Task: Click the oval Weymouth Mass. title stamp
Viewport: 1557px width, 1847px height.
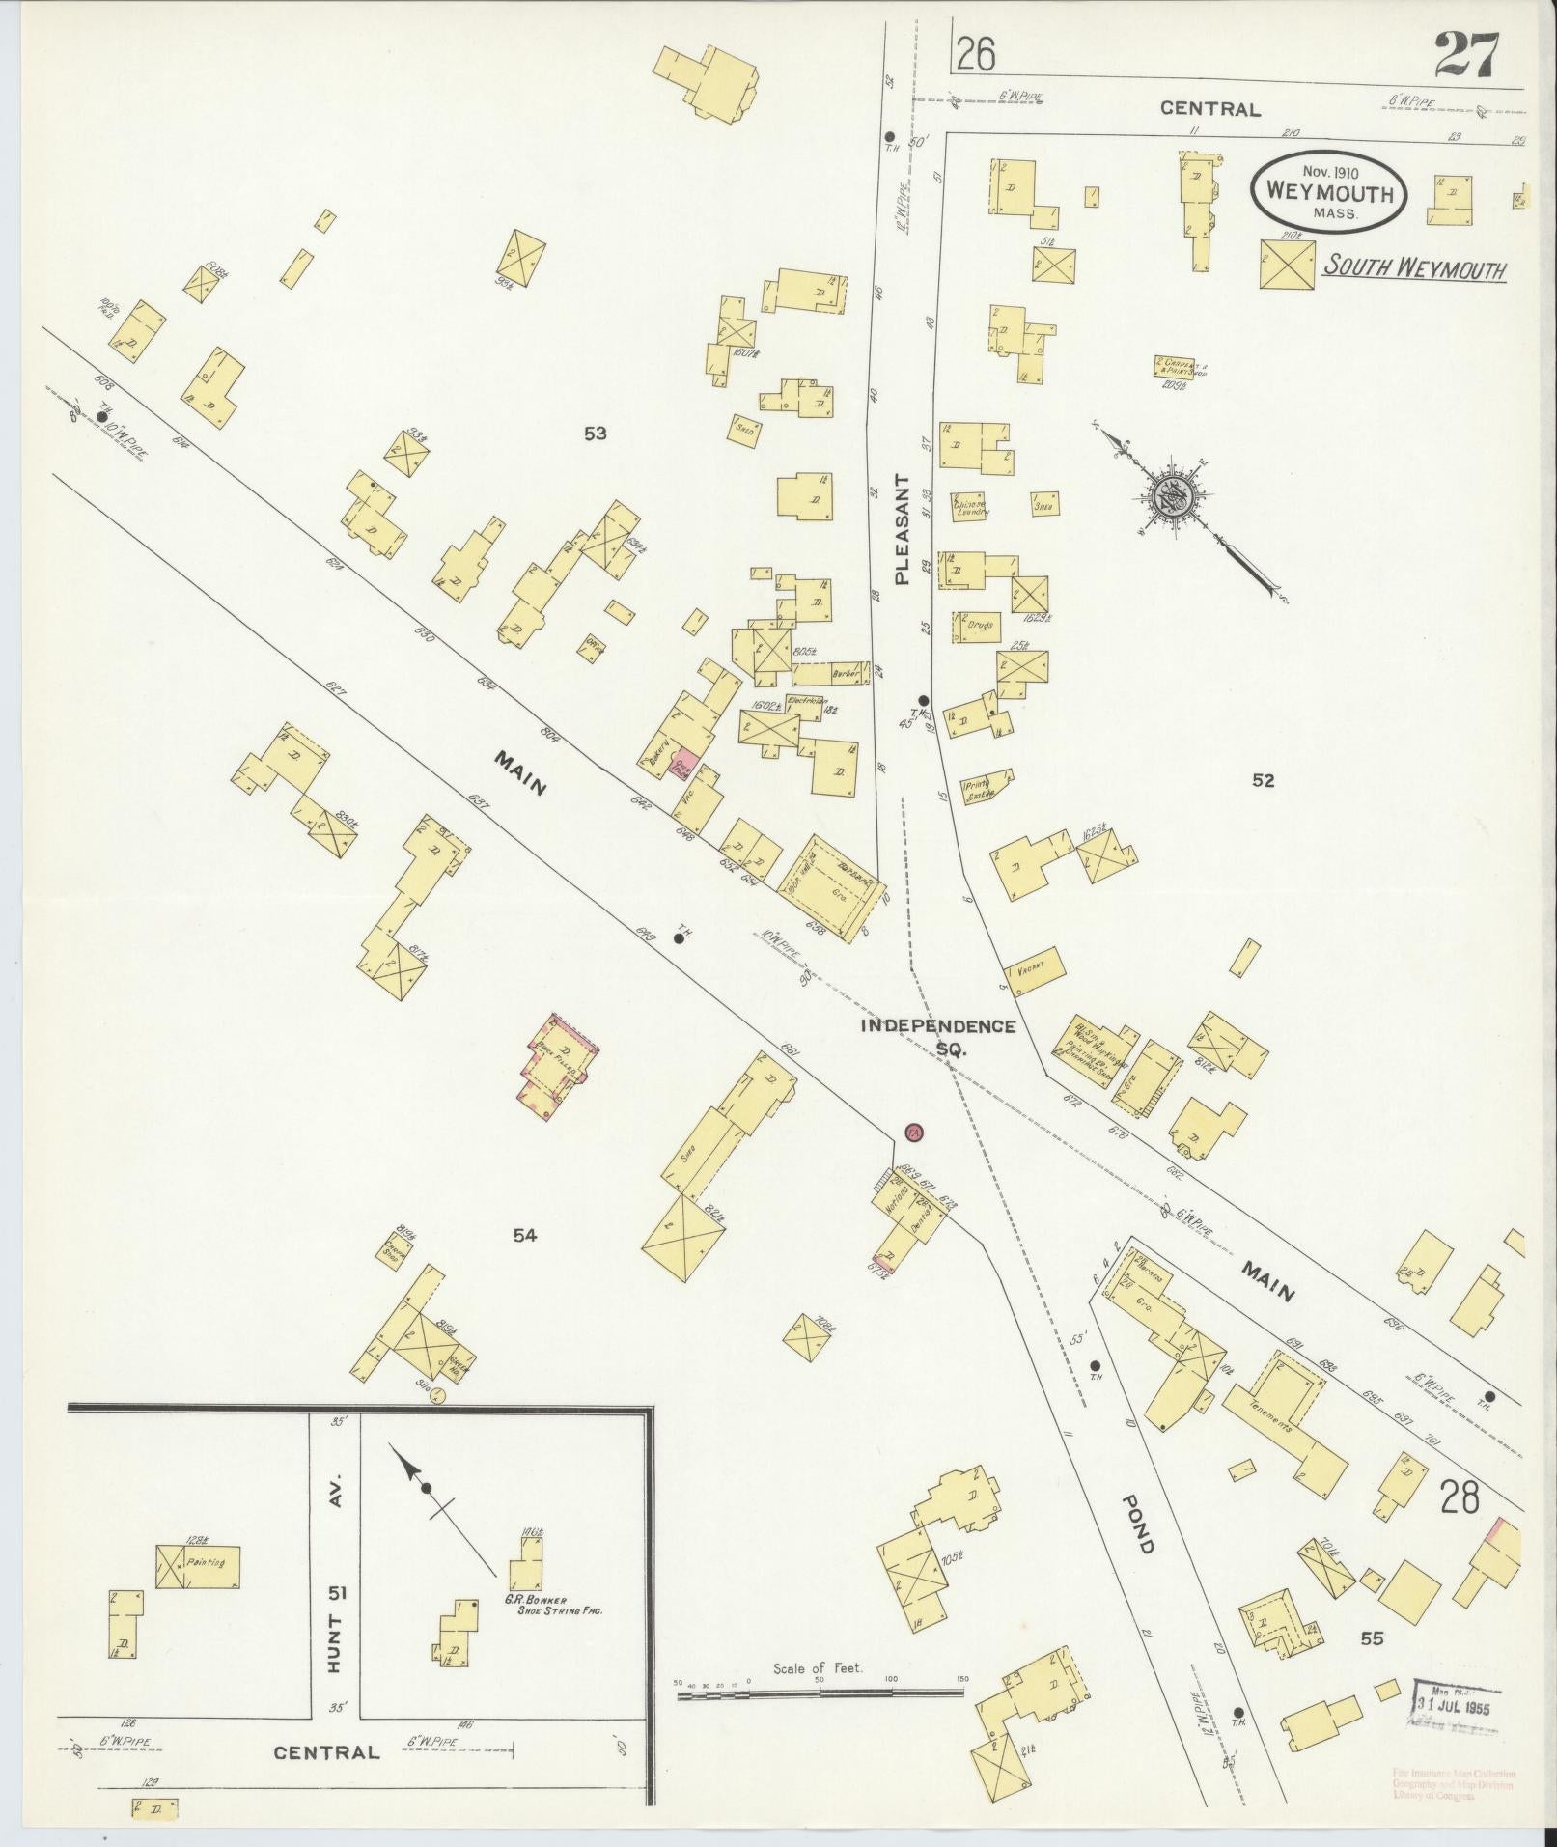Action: [1328, 193]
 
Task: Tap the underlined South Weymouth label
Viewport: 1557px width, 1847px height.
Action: [1413, 266]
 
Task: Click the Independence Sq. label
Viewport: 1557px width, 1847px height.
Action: [938, 1034]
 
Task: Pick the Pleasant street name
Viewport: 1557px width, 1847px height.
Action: [903, 529]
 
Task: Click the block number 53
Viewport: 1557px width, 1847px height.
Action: [595, 434]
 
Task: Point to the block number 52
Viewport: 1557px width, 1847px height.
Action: [1263, 780]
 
